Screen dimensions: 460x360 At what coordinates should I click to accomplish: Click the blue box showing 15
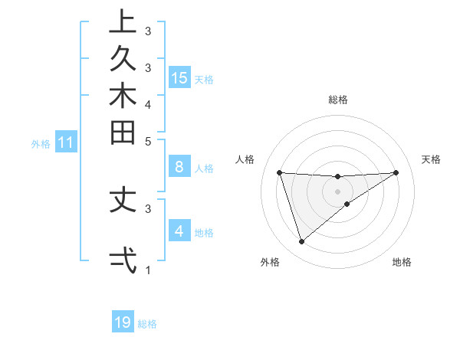tap(179, 77)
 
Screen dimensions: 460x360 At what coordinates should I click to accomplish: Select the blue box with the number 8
tap(179, 167)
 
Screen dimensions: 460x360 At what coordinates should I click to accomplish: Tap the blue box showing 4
tap(179, 231)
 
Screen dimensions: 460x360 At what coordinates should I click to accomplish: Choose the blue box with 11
tap(66, 142)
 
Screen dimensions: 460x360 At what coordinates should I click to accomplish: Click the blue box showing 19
tap(123, 322)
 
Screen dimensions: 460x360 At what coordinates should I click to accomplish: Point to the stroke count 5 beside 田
tap(148, 142)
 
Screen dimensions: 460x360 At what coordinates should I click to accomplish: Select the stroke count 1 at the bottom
tap(148, 270)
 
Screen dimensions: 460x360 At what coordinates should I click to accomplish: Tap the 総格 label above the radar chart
tap(337, 100)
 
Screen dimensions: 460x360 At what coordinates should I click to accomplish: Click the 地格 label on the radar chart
tap(402, 262)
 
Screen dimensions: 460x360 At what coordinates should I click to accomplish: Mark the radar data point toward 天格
tap(396, 172)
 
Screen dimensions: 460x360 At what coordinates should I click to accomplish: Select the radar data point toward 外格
tap(301, 242)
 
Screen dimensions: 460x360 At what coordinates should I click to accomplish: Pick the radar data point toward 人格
tap(279, 172)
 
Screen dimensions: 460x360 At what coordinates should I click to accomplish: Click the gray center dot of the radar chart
tap(337, 191)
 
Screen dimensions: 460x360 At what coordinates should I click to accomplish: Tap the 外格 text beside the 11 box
tap(41, 143)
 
